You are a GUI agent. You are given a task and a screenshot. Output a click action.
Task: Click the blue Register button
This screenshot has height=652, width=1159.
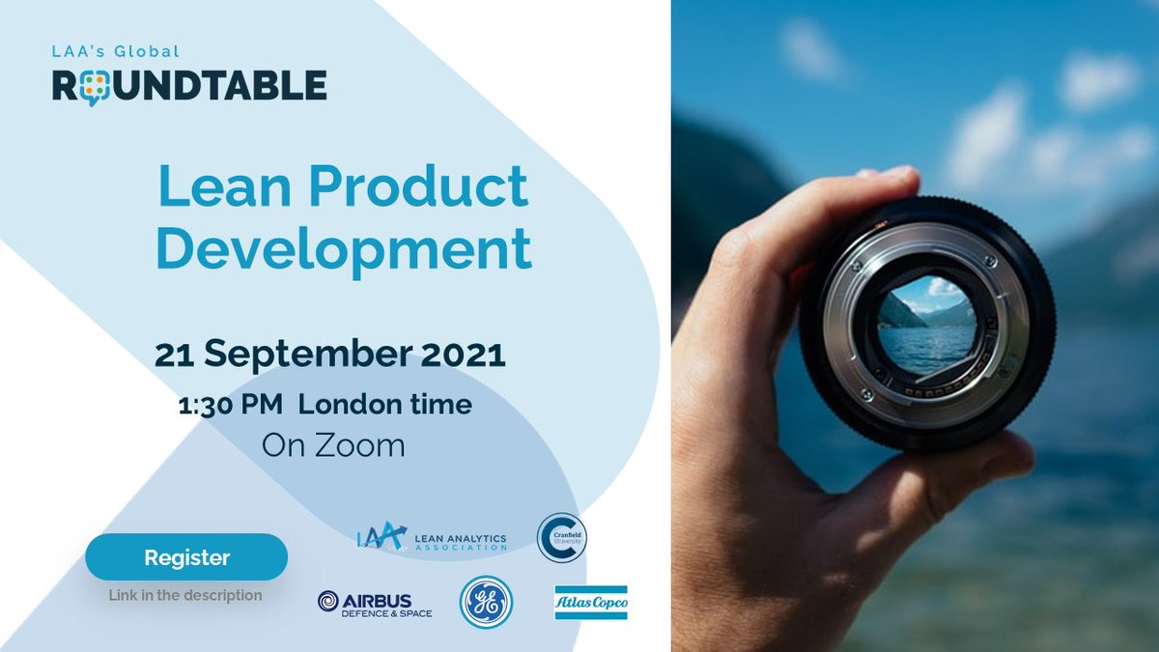click(186, 557)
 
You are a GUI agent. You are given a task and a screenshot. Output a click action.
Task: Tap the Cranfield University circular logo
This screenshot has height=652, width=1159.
click(562, 537)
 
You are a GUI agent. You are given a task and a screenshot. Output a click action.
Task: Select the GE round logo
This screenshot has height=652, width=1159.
click(485, 603)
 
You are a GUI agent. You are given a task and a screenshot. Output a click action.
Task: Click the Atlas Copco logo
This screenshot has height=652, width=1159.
click(591, 603)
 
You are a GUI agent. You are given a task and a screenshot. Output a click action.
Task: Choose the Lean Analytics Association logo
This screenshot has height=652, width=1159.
click(431, 537)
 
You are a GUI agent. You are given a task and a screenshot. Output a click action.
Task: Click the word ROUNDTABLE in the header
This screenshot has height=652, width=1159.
click(189, 85)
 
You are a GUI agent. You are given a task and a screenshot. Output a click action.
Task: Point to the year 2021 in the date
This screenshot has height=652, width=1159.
click(461, 354)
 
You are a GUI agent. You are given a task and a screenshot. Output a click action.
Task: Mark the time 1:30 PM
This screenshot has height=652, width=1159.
click(229, 404)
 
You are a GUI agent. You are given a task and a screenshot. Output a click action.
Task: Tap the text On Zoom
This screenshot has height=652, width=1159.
click(333, 445)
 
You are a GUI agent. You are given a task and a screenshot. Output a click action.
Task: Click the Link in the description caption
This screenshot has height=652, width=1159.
click(185, 595)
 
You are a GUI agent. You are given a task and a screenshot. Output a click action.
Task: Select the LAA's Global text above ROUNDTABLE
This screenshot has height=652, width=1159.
click(116, 51)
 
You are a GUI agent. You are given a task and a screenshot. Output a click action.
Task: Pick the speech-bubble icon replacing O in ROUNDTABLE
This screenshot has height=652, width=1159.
click(93, 87)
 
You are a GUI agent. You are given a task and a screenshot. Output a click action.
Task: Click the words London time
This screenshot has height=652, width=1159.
click(384, 404)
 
